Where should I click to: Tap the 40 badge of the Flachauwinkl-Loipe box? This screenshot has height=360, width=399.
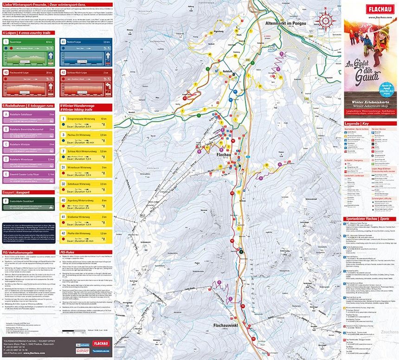6,72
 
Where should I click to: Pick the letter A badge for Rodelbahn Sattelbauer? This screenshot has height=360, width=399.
6,114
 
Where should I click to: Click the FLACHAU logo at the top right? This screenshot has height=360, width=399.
369,8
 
